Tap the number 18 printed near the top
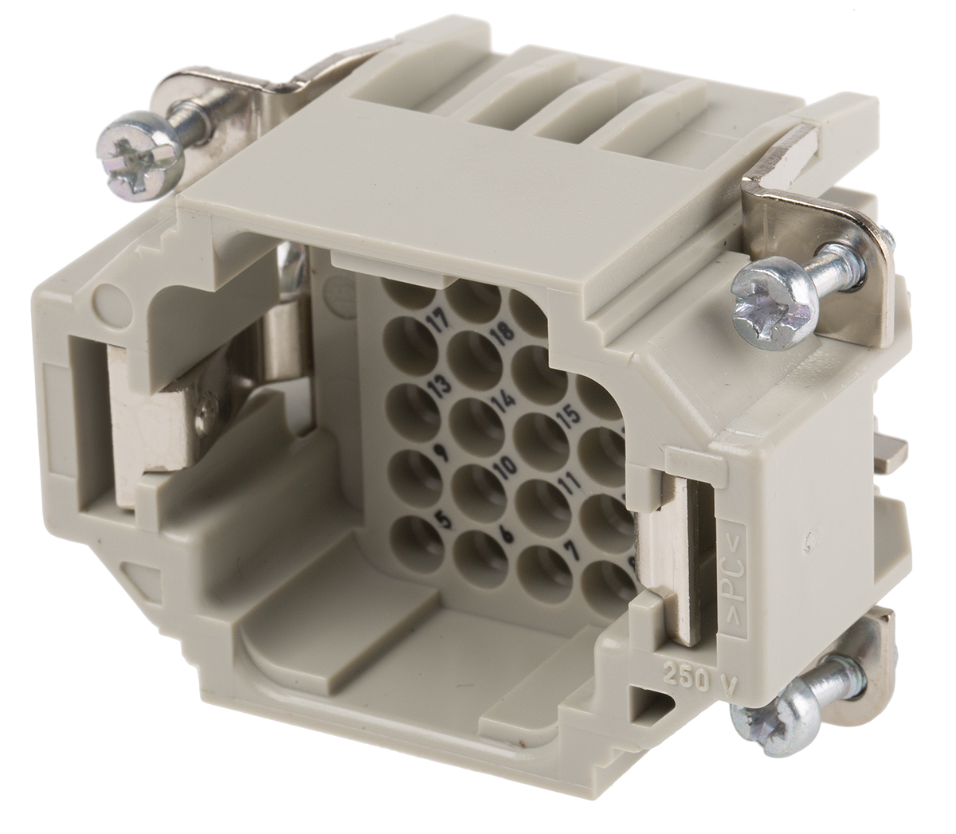[x=502, y=333]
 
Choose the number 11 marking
[x=567, y=484]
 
